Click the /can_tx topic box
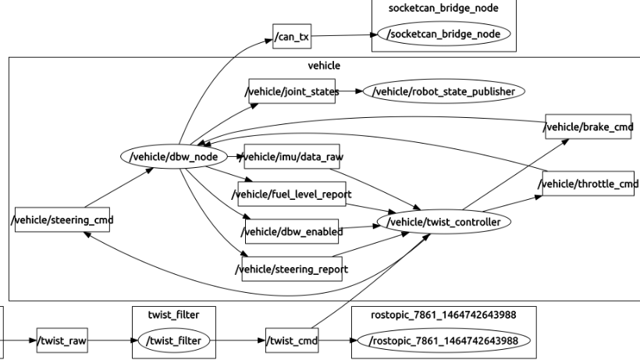click(292, 35)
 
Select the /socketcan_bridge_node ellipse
click(443, 35)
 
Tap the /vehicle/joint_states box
click(293, 91)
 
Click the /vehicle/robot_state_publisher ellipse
click(444, 91)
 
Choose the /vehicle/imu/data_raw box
click(293, 156)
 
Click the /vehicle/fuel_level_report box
click(293, 193)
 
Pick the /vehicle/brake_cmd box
click(588, 127)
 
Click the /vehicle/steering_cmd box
click(62, 219)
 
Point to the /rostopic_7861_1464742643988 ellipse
click(444, 340)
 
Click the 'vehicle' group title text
click(325, 66)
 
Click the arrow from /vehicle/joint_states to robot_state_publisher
click(350, 91)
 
